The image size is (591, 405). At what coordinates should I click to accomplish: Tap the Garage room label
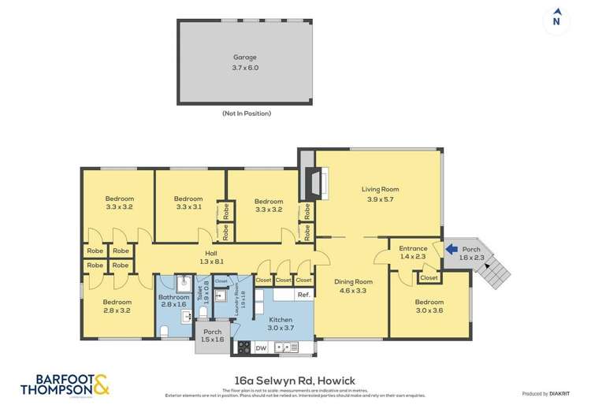pyautogui.click(x=245, y=63)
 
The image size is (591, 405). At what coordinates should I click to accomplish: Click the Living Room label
pyautogui.click(x=381, y=194)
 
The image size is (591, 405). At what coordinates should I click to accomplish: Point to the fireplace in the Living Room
pyautogui.click(x=318, y=182)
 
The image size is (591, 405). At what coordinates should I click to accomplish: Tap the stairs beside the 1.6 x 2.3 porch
pyautogui.click(x=496, y=270)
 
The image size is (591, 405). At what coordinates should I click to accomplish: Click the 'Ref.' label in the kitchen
pyautogui.click(x=303, y=295)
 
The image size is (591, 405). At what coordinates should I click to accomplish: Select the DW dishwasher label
pyautogui.click(x=261, y=347)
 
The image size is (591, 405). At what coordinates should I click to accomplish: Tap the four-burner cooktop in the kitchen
pyautogui.click(x=243, y=347)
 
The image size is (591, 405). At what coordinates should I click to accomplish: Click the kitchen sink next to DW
pyautogui.click(x=288, y=347)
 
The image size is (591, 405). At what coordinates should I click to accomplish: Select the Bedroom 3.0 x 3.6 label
pyautogui.click(x=429, y=306)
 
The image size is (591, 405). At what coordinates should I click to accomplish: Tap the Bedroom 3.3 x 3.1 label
pyautogui.click(x=189, y=203)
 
